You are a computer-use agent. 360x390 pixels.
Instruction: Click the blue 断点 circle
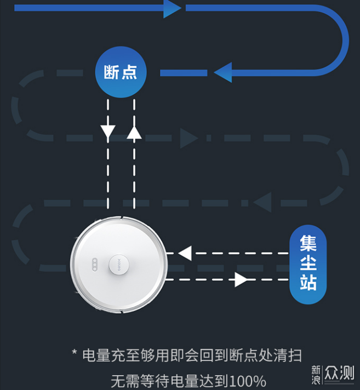(x=121, y=72)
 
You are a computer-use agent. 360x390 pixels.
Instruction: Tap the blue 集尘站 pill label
(x=308, y=264)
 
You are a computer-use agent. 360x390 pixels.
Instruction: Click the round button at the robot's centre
(x=119, y=264)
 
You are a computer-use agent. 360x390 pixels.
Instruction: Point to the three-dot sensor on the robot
(x=95, y=264)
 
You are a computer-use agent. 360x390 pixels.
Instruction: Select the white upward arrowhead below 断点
(x=134, y=132)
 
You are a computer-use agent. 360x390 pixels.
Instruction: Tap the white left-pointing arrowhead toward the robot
(x=185, y=253)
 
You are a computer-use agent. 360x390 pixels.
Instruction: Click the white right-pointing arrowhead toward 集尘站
(x=241, y=280)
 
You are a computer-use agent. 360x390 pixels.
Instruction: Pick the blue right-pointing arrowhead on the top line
(x=173, y=8)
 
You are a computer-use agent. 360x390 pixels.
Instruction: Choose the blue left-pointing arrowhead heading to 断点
(x=223, y=72)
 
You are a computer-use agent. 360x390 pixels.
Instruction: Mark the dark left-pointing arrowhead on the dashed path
(x=262, y=203)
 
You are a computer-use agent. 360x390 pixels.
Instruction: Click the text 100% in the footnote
(x=248, y=381)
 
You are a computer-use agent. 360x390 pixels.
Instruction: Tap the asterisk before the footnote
(x=75, y=352)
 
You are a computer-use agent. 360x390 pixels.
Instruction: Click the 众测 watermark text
(x=339, y=372)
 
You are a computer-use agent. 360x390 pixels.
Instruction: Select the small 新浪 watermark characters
(x=316, y=375)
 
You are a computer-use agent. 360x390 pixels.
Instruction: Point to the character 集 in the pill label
(x=308, y=244)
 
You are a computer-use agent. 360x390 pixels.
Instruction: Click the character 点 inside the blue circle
(x=129, y=72)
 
